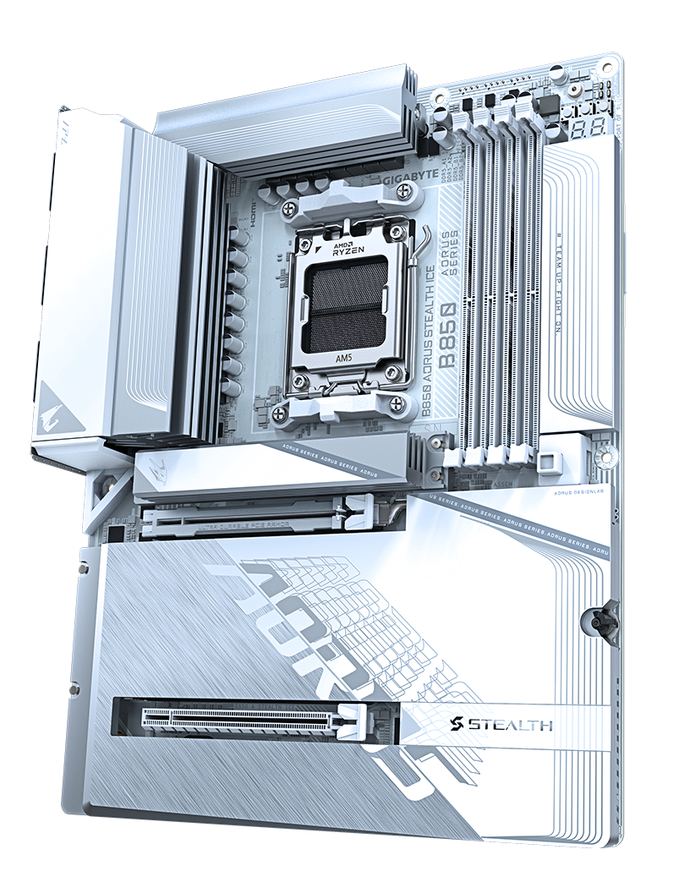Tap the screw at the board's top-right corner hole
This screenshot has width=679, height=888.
pyautogui.click(x=608, y=69)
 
